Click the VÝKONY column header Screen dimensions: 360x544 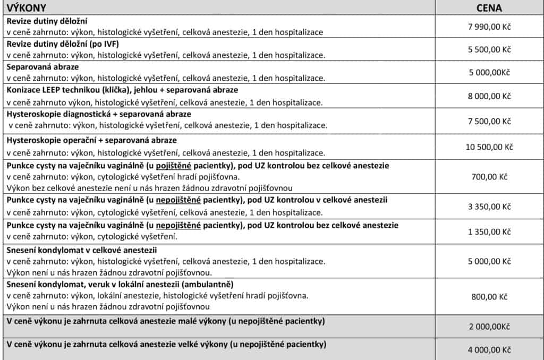point(26,8)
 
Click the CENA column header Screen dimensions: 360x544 point(489,8)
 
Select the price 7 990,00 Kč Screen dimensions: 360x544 point(489,26)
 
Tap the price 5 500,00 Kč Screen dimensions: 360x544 point(489,49)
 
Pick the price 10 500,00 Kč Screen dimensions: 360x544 point(489,147)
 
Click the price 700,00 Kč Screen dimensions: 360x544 point(489,177)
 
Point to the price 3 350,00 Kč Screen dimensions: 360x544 point(489,207)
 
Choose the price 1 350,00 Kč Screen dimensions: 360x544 point(489,232)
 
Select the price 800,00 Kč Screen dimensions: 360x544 point(489,297)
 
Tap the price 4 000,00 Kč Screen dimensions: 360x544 point(489,350)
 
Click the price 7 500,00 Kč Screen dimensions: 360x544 point(489,121)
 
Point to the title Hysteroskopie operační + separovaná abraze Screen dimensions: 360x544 point(91,140)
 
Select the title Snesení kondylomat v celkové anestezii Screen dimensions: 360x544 point(82,250)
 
